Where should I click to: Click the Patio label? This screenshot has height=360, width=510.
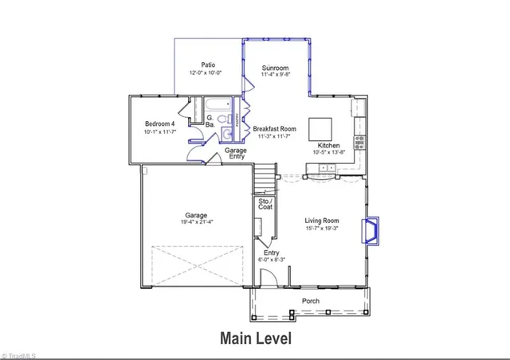(x=208, y=65)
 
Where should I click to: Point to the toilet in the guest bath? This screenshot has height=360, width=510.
(x=226, y=133)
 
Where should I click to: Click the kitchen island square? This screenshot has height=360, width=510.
(x=321, y=129)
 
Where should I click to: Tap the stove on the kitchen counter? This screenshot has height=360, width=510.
(x=359, y=142)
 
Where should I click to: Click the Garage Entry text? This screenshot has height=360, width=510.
(x=234, y=154)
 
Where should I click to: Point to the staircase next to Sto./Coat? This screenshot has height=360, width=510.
(x=265, y=182)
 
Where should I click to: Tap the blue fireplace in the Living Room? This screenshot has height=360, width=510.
(x=371, y=231)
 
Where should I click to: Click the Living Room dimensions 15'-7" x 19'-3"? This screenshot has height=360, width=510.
(x=323, y=229)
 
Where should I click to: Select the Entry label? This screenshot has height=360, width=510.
(x=271, y=252)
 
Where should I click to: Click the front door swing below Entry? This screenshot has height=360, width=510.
(x=270, y=277)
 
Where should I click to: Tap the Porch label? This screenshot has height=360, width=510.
(x=310, y=301)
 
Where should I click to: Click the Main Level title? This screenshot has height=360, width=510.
(x=255, y=338)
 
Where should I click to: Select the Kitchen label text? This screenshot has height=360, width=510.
(x=329, y=146)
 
